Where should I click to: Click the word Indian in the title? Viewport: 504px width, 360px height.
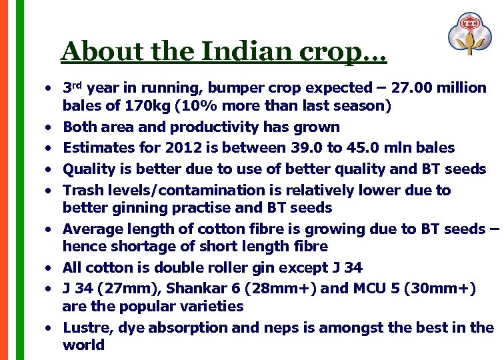(x=236, y=51)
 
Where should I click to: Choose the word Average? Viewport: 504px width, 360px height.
(x=91, y=229)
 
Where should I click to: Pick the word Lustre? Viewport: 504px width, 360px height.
(x=85, y=327)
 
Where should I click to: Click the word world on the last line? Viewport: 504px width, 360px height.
(x=83, y=345)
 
